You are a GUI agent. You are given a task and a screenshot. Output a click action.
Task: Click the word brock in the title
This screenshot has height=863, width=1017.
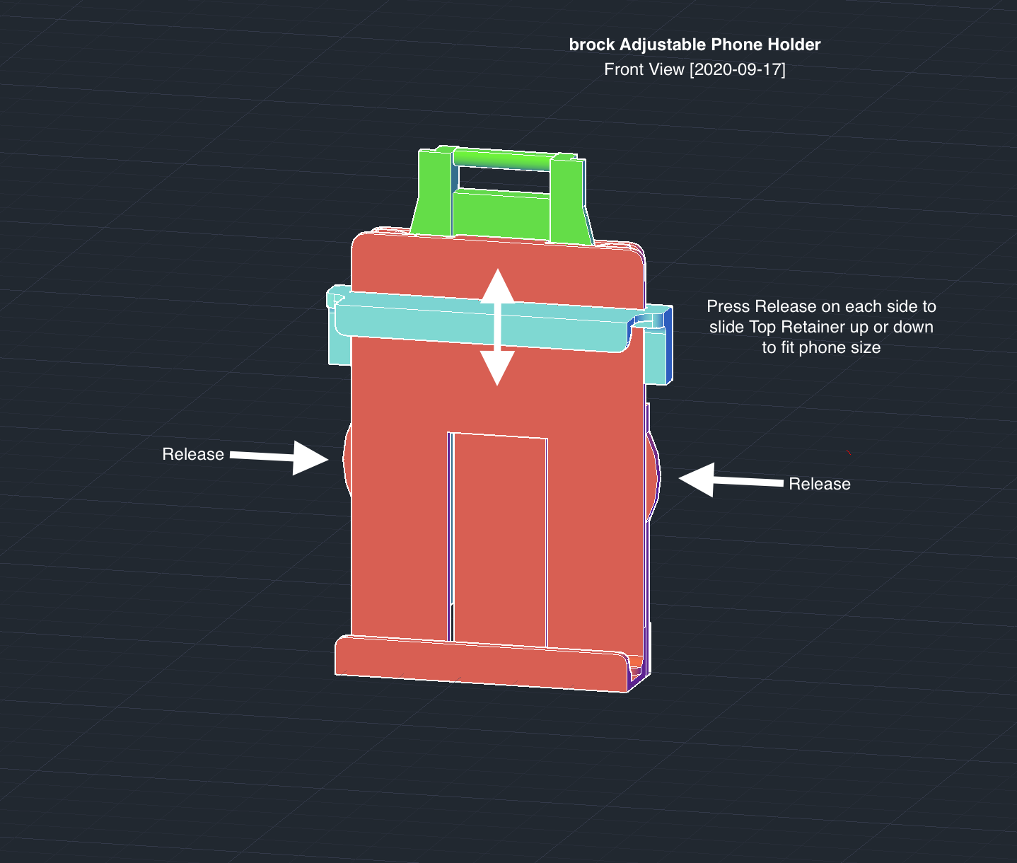click(x=592, y=45)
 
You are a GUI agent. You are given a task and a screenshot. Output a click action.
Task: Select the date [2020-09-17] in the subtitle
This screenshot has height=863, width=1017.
click(x=738, y=69)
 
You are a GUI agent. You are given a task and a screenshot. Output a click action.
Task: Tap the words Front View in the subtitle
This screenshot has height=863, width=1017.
click(x=644, y=69)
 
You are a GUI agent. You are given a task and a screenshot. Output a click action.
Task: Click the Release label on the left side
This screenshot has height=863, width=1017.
click(x=193, y=454)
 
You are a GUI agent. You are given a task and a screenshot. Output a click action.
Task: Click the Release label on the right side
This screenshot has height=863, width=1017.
click(x=820, y=484)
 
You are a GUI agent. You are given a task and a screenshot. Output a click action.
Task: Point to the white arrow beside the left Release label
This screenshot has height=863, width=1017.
click(x=279, y=458)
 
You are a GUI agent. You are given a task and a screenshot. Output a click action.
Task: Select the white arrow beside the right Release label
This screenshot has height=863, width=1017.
click(x=731, y=480)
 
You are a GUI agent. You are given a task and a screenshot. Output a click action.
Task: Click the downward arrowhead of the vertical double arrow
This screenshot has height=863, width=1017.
click(x=497, y=369)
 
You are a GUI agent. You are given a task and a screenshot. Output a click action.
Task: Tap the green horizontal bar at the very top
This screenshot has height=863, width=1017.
click(x=502, y=161)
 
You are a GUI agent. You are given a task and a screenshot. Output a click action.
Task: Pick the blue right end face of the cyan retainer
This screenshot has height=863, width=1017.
click(x=668, y=344)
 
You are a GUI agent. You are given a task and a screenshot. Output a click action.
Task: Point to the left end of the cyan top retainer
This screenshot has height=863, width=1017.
click(x=337, y=325)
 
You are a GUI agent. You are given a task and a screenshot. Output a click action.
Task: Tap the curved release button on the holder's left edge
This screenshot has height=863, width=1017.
click(x=347, y=460)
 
